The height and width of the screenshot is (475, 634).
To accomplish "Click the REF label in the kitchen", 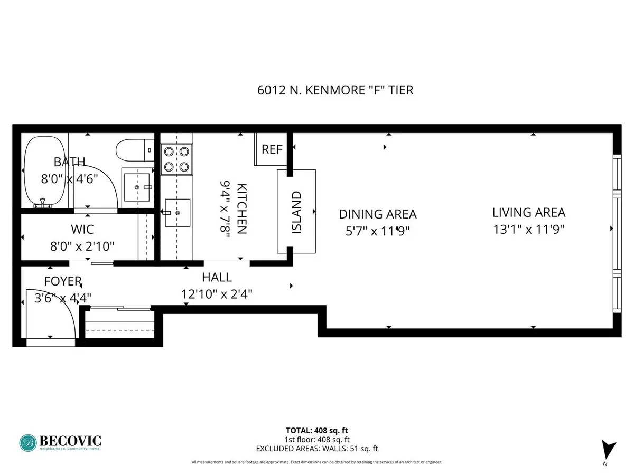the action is pos(272,149).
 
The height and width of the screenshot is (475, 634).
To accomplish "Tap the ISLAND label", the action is pos(296,212).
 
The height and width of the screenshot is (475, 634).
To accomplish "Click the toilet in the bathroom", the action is pos(135,150).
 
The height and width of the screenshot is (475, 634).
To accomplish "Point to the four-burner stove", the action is pos(176,159).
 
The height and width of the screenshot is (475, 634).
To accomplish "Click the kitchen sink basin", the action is pos(178,213).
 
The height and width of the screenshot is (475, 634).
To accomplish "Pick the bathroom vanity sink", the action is pos(137,187).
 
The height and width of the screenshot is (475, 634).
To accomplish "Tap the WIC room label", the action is pos(82,230).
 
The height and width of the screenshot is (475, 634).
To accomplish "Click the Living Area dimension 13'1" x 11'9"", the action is pos(528,230).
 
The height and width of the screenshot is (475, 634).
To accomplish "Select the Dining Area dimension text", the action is pos(378,231).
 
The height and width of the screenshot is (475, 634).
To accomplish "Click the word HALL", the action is pos(217,278).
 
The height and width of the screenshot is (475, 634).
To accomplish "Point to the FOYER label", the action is pos(63,281).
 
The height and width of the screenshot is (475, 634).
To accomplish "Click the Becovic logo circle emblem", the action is pos(28,443).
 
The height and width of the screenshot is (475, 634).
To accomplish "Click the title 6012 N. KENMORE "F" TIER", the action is pos(335,90).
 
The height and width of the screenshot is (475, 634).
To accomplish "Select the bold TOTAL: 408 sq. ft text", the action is pos(317,431).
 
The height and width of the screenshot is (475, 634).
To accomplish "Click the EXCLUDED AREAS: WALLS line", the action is pos(317,449).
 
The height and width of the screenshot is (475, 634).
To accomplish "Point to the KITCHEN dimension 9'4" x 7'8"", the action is pos(225,209).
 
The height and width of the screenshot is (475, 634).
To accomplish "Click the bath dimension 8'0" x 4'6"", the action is pos(69,179).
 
